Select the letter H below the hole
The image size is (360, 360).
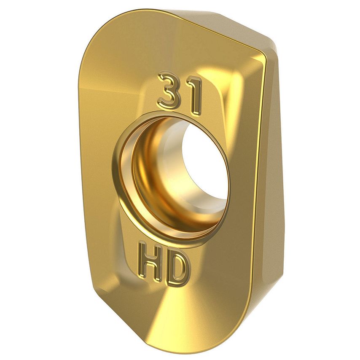[x=150, y=264]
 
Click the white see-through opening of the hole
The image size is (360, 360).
[x=204, y=169]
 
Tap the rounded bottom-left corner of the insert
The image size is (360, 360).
[x=95, y=304]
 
